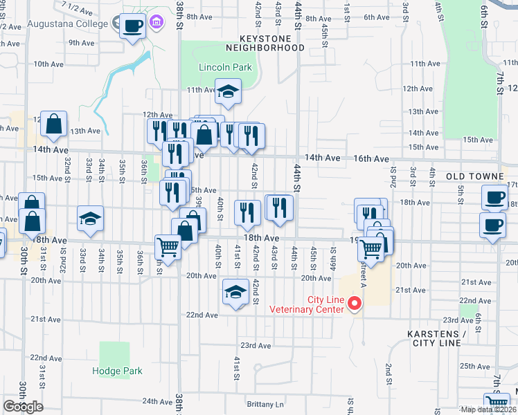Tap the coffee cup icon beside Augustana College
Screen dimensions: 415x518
coord(133,26)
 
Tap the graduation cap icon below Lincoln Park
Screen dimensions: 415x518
coord(227,91)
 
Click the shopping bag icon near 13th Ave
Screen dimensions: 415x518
coord(53,124)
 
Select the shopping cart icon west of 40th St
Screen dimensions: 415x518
coord(168,246)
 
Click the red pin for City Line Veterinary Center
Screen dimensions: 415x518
coord(355,303)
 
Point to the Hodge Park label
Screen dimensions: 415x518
coord(117,371)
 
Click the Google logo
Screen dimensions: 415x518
coord(23,407)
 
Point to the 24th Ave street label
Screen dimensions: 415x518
coord(157,401)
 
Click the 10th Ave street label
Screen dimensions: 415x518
coord(48,64)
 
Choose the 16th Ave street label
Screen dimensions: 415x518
coord(373,158)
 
